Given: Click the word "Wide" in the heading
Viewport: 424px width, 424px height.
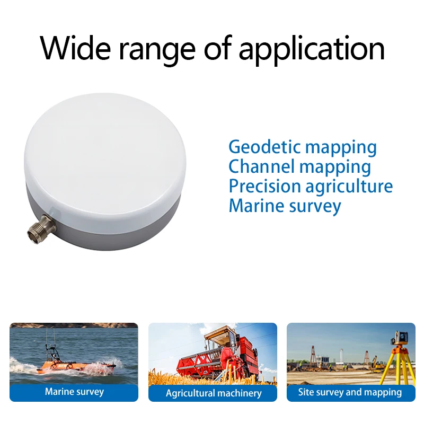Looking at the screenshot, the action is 75,48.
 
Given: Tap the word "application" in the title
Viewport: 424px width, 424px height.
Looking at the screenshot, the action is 312,50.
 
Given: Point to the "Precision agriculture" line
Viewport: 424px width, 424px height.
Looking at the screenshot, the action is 311,187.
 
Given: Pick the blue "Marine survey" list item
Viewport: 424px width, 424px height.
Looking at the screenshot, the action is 285,206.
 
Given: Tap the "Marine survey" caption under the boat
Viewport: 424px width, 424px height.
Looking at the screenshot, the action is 74,392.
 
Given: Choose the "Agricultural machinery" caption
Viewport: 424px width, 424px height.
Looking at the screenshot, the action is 214,393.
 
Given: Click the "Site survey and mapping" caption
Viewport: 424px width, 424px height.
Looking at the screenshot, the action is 350,392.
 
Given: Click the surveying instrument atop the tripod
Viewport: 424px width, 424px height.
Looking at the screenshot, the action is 400,338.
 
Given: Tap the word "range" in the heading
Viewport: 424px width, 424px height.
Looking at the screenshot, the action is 157,51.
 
